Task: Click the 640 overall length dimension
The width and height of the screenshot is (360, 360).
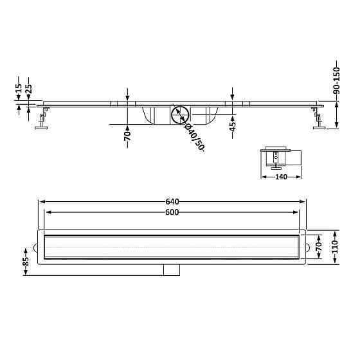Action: click(x=172, y=202)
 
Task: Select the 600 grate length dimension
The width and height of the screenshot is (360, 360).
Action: click(x=172, y=212)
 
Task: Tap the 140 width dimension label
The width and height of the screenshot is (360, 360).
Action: click(x=282, y=177)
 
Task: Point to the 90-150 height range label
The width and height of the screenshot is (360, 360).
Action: click(x=336, y=80)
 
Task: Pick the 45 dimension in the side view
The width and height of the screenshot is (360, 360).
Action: click(x=233, y=127)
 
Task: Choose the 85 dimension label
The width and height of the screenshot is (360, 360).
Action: click(x=26, y=261)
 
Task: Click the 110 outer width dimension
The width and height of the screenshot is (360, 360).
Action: click(x=335, y=247)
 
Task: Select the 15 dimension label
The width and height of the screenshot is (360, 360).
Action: click(x=19, y=88)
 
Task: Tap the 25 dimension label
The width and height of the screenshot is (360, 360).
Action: click(x=29, y=89)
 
